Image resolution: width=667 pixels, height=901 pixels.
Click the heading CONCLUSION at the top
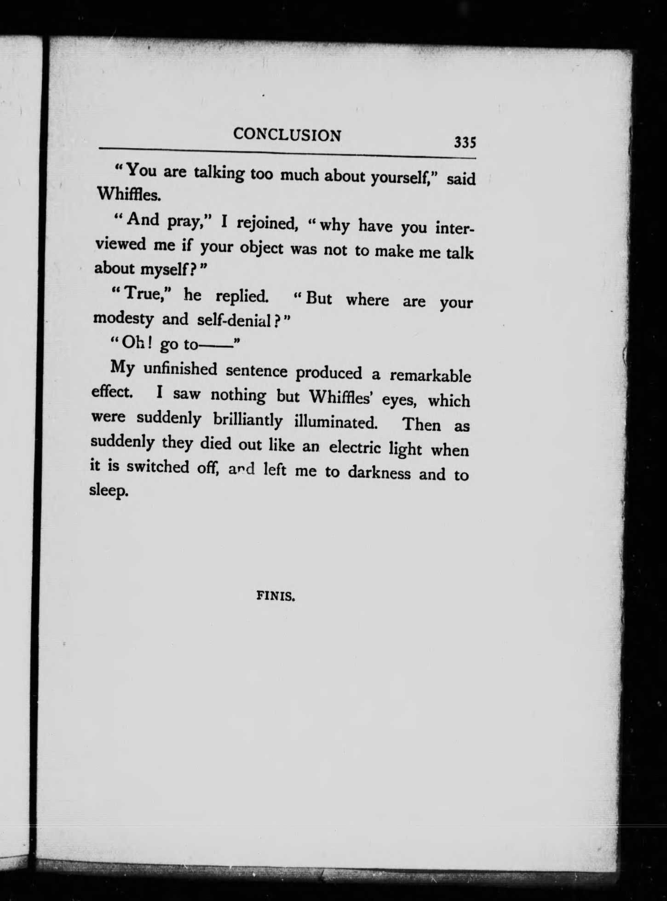(287, 134)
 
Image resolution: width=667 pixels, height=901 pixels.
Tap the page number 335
(465, 142)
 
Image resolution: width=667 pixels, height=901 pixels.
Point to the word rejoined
(265, 224)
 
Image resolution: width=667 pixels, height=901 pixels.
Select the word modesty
(121, 318)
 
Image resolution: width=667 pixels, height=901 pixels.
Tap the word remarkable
(430, 375)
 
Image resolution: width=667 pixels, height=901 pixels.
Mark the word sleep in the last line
(108, 491)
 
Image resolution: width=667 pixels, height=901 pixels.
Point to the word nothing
(238, 395)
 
